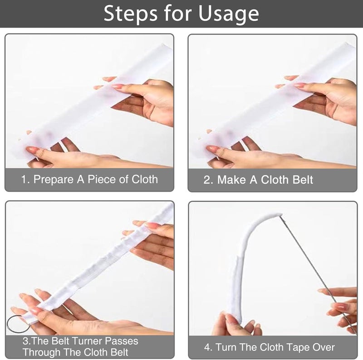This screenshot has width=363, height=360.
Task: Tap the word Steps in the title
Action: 131,14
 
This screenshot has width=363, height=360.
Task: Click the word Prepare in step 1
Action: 54,180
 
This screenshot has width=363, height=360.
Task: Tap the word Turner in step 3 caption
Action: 87,341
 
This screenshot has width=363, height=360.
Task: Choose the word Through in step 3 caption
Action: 41,352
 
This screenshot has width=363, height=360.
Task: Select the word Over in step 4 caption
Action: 324,347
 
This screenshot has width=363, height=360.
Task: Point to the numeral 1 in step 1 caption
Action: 24,180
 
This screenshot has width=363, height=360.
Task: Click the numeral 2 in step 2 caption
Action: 207,180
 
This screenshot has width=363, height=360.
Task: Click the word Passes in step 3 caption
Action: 121,341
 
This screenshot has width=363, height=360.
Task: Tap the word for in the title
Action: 178,14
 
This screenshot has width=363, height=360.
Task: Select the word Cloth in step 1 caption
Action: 145,179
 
